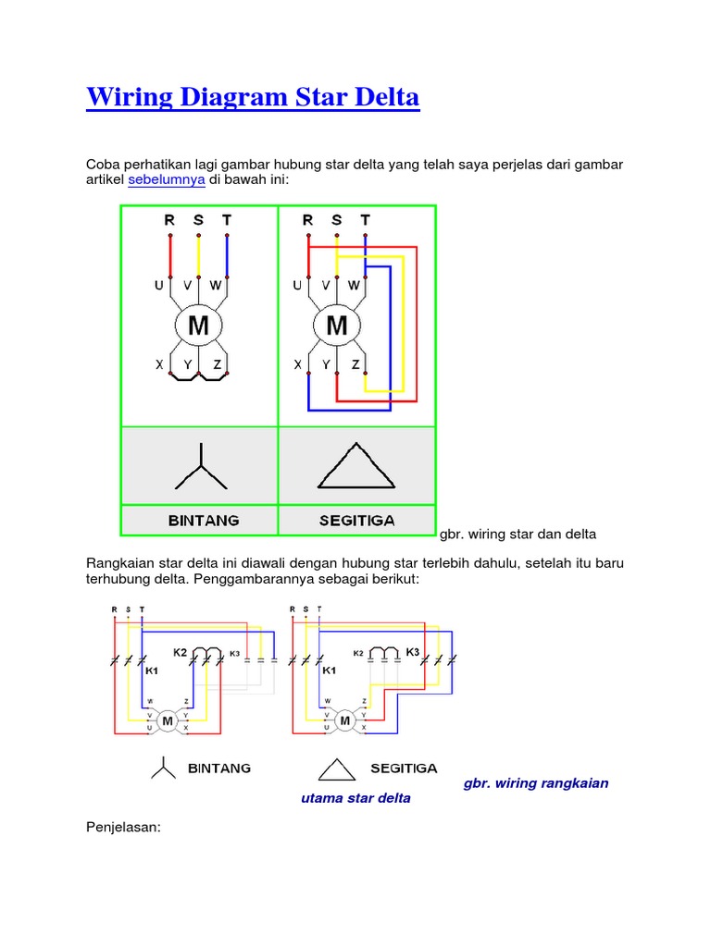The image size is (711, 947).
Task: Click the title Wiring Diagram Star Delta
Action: [253, 97]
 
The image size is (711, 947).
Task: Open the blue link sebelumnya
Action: [166, 180]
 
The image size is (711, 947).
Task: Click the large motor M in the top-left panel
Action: [198, 326]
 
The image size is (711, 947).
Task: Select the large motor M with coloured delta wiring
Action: [337, 326]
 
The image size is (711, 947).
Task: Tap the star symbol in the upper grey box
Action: [200, 467]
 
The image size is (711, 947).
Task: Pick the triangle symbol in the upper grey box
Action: [356, 466]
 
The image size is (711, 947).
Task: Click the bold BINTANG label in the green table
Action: [204, 521]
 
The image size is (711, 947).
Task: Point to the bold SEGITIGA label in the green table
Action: [357, 521]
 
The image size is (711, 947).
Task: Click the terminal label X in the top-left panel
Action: [159, 365]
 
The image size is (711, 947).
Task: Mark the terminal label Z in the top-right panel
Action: [355, 365]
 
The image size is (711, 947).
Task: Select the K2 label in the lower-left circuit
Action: [180, 653]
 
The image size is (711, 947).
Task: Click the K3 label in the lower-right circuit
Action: [413, 652]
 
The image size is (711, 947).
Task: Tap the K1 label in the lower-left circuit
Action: [152, 672]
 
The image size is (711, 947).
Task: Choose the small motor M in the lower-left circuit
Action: [168, 720]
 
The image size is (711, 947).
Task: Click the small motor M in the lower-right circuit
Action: [345, 720]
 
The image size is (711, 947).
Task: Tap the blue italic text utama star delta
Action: [356, 798]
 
